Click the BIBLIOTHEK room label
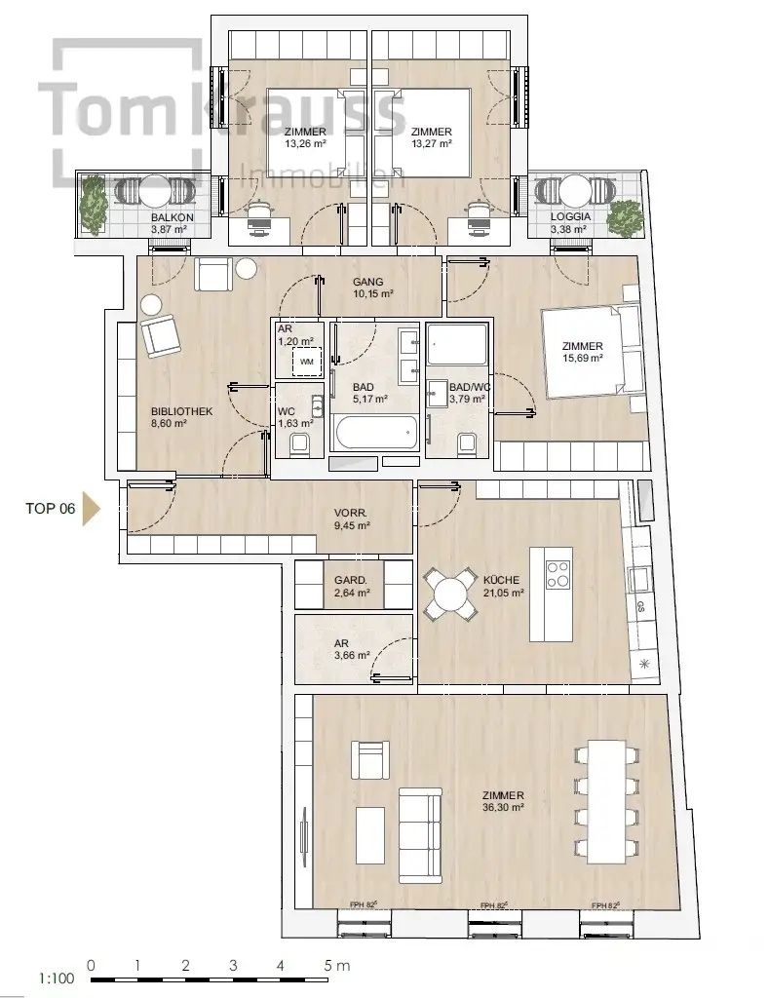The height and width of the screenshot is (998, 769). [x=182, y=411]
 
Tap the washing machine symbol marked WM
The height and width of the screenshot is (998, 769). [x=307, y=363]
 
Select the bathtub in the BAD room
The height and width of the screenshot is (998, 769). [x=374, y=434]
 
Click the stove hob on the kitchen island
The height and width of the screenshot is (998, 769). [x=558, y=573]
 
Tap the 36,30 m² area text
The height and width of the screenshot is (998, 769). [x=503, y=808]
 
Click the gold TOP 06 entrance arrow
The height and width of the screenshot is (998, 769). [x=93, y=509]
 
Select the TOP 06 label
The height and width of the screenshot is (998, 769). [x=51, y=509]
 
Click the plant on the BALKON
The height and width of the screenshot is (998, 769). [x=94, y=205]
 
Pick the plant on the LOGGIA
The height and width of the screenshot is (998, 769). [x=625, y=216]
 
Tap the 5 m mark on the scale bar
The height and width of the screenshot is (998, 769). [x=336, y=965]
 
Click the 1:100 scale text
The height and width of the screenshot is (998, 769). [x=57, y=979]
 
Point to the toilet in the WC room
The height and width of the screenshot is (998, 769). [x=298, y=444]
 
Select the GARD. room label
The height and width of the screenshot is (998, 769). [x=351, y=581]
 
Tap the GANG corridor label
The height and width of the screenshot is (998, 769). [x=368, y=282]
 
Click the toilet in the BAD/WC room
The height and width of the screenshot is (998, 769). [x=468, y=444]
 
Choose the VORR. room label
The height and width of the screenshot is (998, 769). [x=351, y=514]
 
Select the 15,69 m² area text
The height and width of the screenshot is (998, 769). [x=583, y=359]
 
